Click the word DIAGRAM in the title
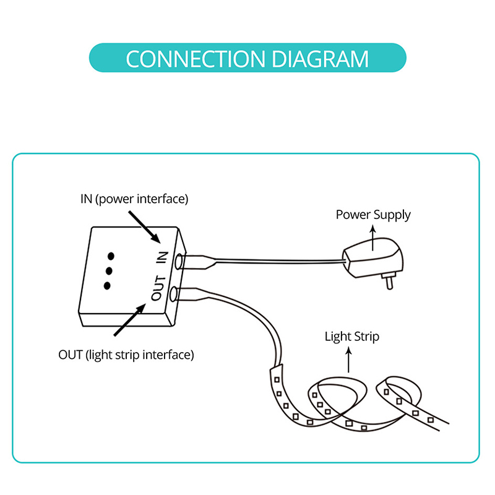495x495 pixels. [x=320, y=59]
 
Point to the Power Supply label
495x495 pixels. [x=373, y=215]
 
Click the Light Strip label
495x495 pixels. [x=351, y=337]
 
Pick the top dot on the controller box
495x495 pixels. [x=111, y=256]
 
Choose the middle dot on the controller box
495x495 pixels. [x=109, y=270]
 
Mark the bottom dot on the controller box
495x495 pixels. [x=107, y=285]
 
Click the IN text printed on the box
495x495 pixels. [x=163, y=256]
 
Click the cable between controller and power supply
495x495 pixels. [x=278, y=262]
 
